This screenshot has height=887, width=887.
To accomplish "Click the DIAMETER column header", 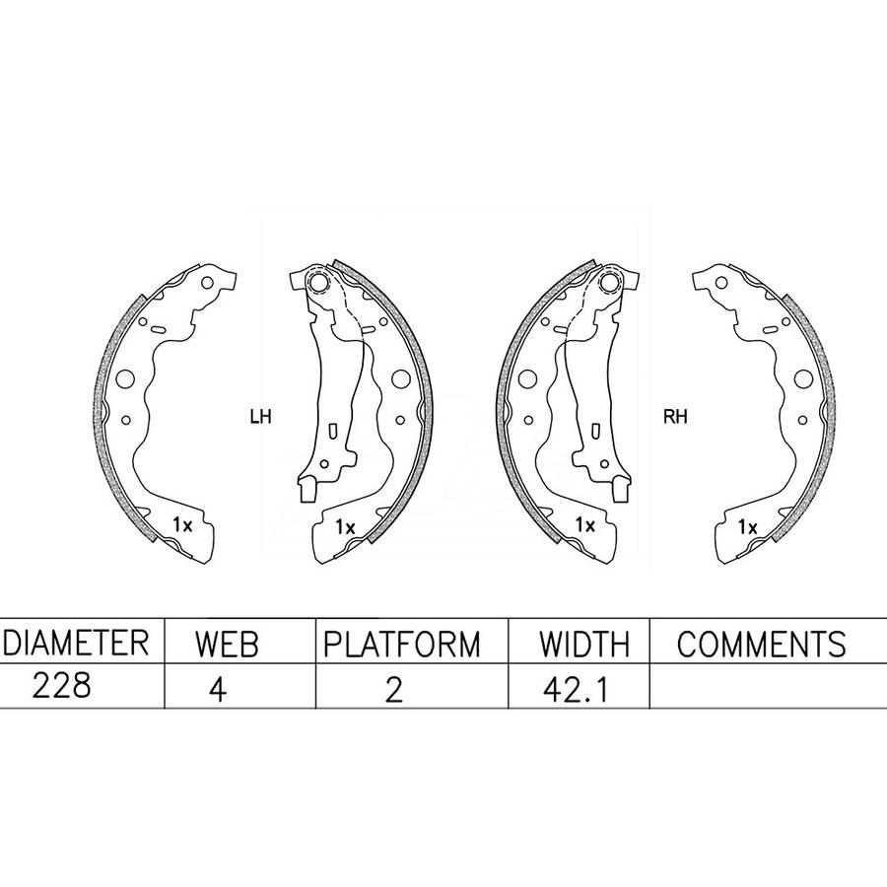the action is point(76,643).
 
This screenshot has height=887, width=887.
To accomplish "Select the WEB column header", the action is point(227,644).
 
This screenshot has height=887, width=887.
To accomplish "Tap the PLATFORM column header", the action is point(402,644).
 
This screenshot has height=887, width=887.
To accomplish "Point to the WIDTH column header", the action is point(583,644).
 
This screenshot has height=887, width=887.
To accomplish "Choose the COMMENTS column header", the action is point(762,644).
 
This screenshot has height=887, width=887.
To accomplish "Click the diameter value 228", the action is point(61,686).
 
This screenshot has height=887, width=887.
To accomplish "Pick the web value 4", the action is point(218,689).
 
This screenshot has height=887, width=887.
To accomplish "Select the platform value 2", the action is point(393,689).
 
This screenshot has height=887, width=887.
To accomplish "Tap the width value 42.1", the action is point(576,689).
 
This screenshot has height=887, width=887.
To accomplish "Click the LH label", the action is point(261,417).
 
